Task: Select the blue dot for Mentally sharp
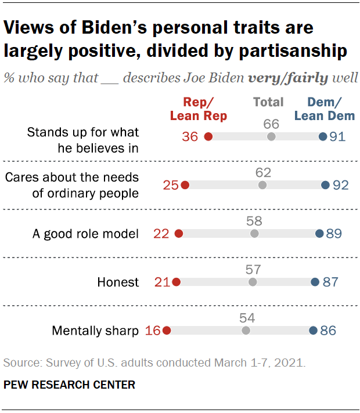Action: click(x=312, y=331)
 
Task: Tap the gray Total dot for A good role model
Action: click(x=254, y=234)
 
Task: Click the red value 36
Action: click(x=189, y=137)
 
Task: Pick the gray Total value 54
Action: click(x=246, y=318)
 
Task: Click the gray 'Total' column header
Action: click(x=268, y=103)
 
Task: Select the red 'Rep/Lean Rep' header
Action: click(x=198, y=109)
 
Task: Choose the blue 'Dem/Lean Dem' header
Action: click(x=324, y=109)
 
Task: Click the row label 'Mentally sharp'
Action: click(x=95, y=331)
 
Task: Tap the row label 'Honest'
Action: click(x=118, y=282)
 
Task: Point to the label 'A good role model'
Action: click(x=85, y=234)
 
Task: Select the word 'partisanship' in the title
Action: click(x=289, y=51)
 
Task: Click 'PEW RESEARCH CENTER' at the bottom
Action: click(x=69, y=385)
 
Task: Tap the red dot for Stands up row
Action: click(x=208, y=137)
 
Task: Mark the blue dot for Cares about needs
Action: click(x=325, y=186)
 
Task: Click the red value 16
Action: click(x=153, y=331)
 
